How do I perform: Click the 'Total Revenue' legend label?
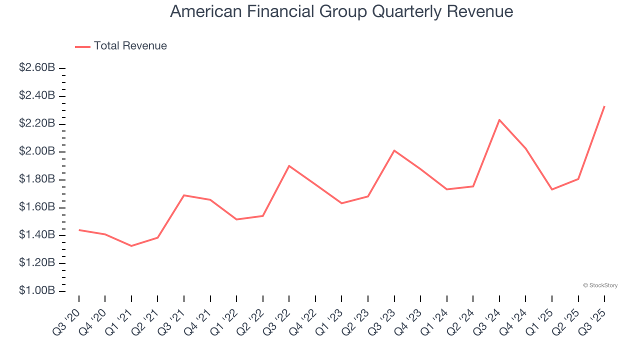pyautogui.click(x=130, y=46)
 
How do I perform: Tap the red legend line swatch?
pyautogui.click(x=82, y=46)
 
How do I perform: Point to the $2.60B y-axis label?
pyautogui.click(x=37, y=67)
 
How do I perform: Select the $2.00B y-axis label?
pyautogui.click(x=37, y=151)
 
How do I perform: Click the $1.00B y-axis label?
pyautogui.click(x=37, y=290)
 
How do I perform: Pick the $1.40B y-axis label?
pyautogui.click(x=37, y=234)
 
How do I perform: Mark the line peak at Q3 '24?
pyautogui.click(x=499, y=120)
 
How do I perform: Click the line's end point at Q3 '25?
pyautogui.click(x=604, y=106)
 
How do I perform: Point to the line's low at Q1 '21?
pyautogui.click(x=131, y=246)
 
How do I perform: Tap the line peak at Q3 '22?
pyautogui.click(x=289, y=165)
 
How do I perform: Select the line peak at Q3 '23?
pyautogui.click(x=394, y=150)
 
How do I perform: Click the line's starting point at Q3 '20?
pyautogui.click(x=79, y=230)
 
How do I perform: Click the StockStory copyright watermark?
pyautogui.click(x=600, y=285)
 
